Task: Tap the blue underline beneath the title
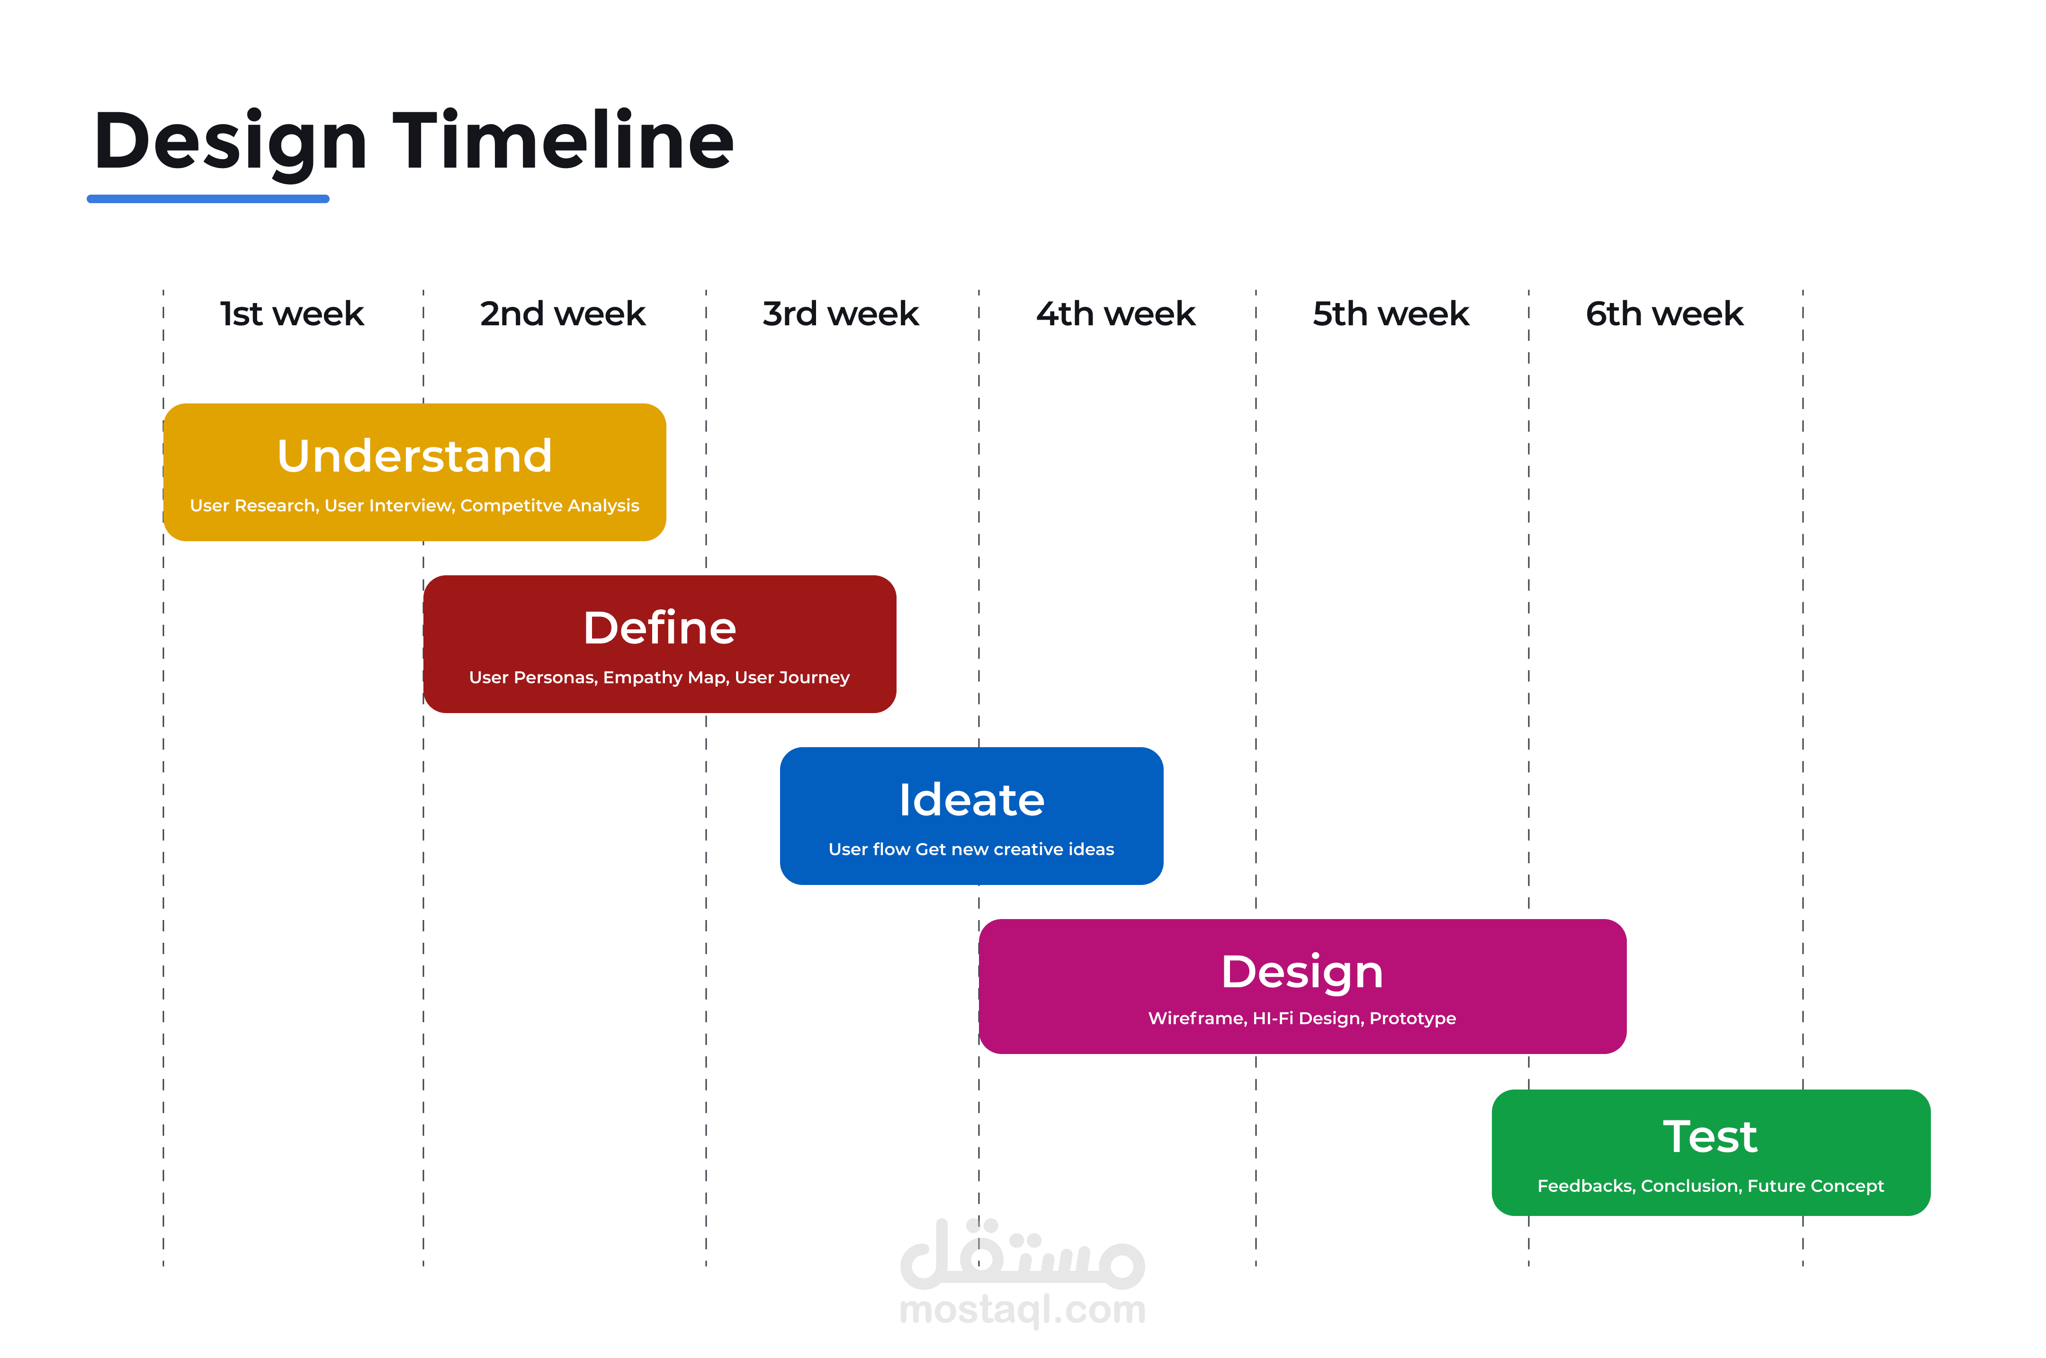click(x=208, y=199)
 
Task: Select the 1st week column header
click(x=292, y=313)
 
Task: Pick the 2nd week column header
click(x=563, y=313)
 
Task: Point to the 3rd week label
click(x=840, y=313)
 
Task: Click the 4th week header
click(x=1116, y=313)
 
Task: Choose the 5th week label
click(x=1391, y=313)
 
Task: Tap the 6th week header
click(x=1664, y=313)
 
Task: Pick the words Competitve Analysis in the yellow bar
click(x=550, y=506)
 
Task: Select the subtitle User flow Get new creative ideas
click(x=971, y=849)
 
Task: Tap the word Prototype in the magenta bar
click(x=1413, y=1018)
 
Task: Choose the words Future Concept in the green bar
click(x=1815, y=1186)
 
